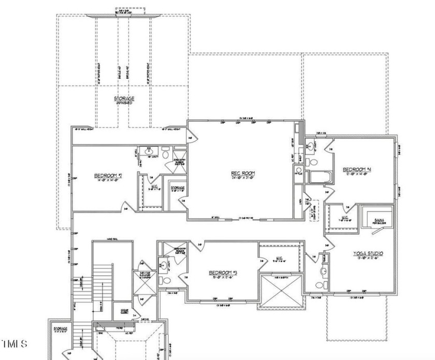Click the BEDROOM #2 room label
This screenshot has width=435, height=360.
[108, 176]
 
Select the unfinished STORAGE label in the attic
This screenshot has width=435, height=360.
[124, 98]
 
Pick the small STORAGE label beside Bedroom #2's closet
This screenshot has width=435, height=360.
[177, 188]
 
